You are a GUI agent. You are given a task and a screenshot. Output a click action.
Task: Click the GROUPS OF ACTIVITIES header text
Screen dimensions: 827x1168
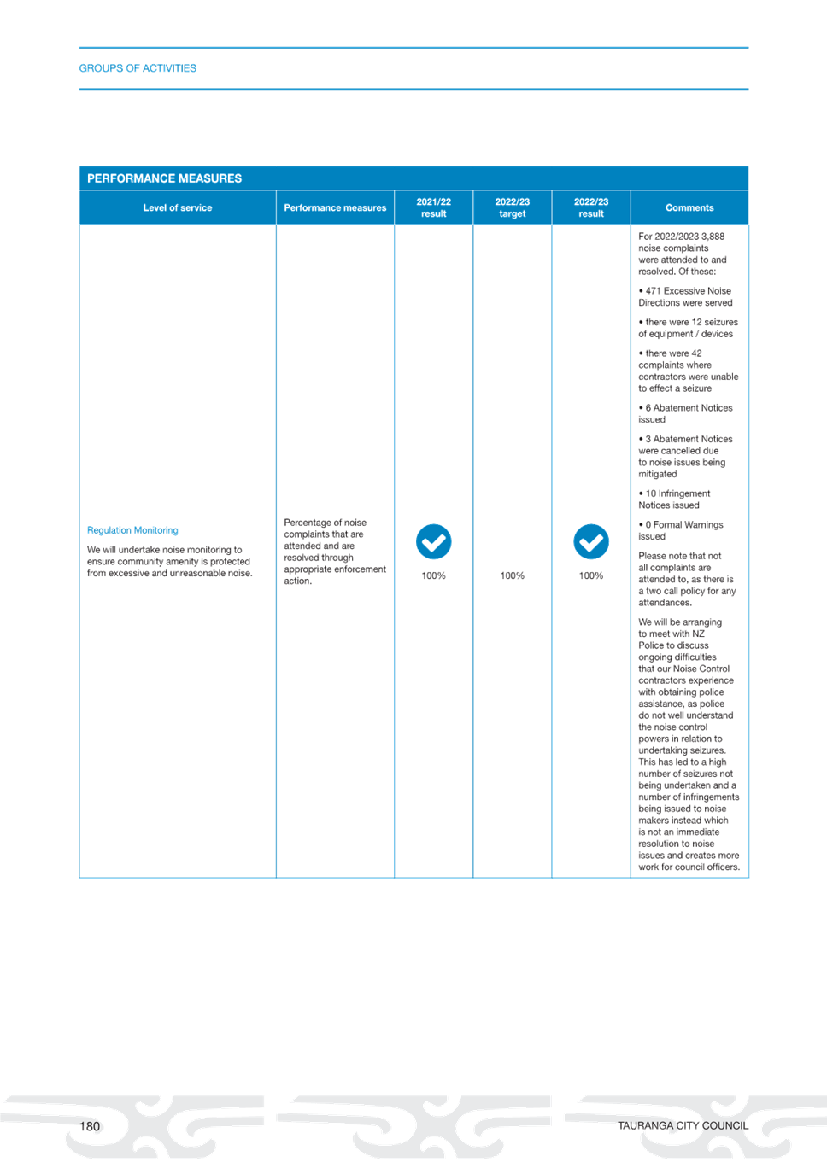point(138,68)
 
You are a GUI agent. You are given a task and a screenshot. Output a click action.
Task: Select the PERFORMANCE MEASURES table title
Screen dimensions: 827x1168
point(164,178)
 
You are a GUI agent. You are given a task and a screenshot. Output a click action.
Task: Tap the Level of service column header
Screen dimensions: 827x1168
point(178,207)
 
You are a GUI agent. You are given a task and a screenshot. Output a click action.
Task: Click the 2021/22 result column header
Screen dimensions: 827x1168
point(434,207)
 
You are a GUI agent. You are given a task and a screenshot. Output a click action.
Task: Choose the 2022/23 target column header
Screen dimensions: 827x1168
point(513,207)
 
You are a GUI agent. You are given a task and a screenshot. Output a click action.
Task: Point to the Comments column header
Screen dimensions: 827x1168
point(689,207)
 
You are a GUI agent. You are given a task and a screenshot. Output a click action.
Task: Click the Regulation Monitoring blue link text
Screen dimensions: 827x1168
point(132,530)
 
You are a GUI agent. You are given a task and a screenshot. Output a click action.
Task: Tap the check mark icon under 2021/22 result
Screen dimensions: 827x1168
point(434,542)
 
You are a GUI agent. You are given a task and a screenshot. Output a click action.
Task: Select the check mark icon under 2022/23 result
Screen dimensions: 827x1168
point(591,542)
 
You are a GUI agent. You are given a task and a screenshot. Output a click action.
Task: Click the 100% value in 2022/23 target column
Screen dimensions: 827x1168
point(513,575)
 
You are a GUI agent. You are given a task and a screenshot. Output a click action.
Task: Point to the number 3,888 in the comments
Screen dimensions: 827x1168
point(713,237)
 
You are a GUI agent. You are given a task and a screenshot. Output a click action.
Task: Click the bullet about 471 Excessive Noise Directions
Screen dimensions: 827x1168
point(685,296)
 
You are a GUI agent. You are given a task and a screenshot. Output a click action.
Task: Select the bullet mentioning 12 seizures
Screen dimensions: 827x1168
point(689,328)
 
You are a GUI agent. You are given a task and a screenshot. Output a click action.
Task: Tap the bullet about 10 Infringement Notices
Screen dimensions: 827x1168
point(674,499)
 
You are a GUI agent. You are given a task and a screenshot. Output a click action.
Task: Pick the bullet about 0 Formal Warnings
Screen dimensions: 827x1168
point(681,530)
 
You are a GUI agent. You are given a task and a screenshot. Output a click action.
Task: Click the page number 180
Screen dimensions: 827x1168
point(89,1126)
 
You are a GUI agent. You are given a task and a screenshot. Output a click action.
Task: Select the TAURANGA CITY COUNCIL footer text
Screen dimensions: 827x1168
point(683,1126)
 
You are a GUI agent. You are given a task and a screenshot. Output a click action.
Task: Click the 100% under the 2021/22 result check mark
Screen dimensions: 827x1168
point(434,575)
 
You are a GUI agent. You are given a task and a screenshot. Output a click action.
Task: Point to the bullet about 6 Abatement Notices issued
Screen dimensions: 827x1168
point(685,413)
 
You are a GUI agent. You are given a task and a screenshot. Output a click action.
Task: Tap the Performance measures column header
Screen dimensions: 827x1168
point(335,207)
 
